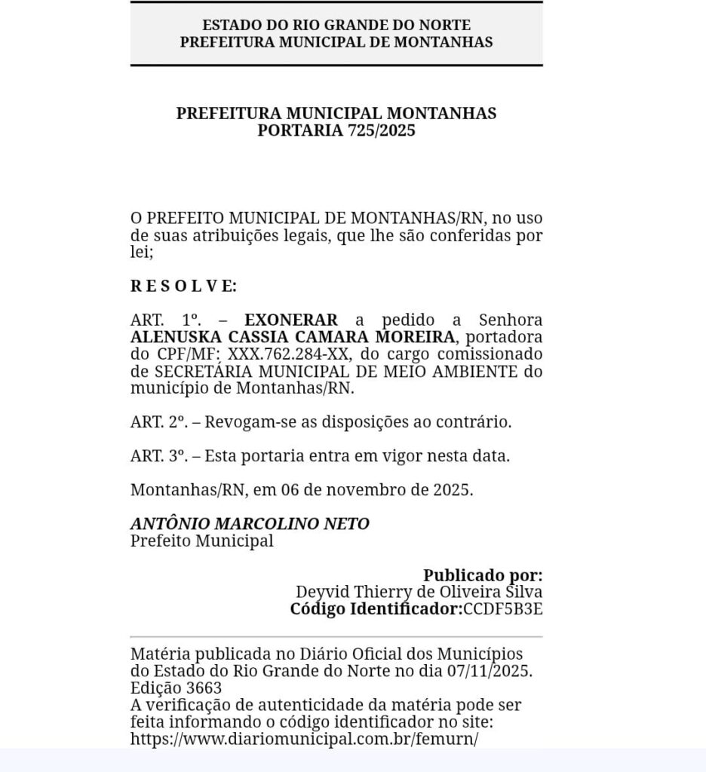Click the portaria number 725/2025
point(381,130)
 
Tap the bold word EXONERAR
point(291,320)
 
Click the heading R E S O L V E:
point(183,286)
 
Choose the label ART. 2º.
point(158,422)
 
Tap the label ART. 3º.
point(158,456)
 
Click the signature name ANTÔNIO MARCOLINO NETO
point(250,523)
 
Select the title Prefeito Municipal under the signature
point(201,541)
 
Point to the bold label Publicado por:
point(483,575)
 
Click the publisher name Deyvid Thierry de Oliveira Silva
point(419,593)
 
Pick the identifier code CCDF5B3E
point(502,609)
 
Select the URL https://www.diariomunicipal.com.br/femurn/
point(305,739)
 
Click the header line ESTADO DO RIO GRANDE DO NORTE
point(336,26)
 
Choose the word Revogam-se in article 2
point(245,422)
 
